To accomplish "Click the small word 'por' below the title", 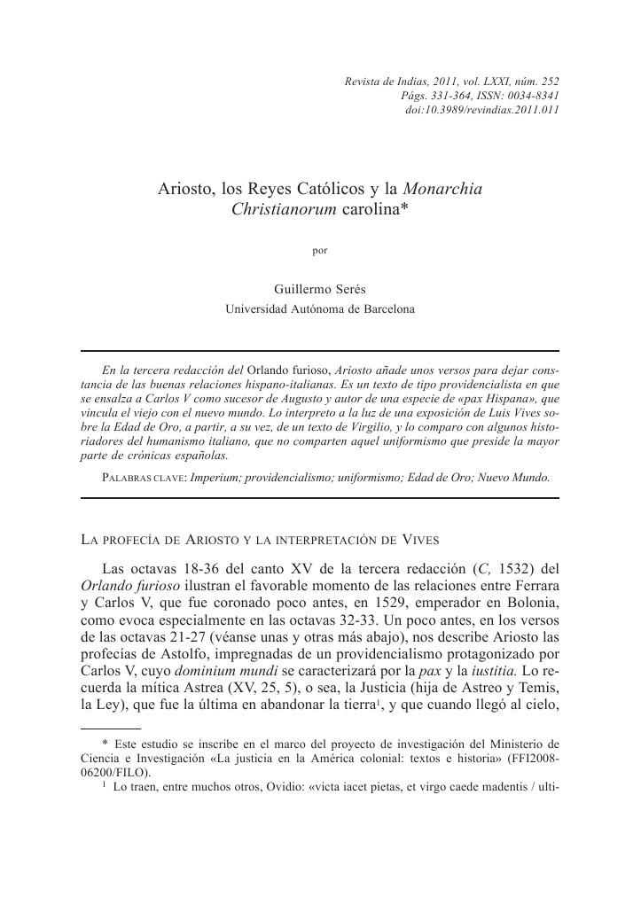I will pyautogui.click(x=320, y=250).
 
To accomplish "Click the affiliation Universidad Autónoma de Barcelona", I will pyautogui.click(x=320, y=309).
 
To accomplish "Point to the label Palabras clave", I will pyautogui.click(x=144, y=476).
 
